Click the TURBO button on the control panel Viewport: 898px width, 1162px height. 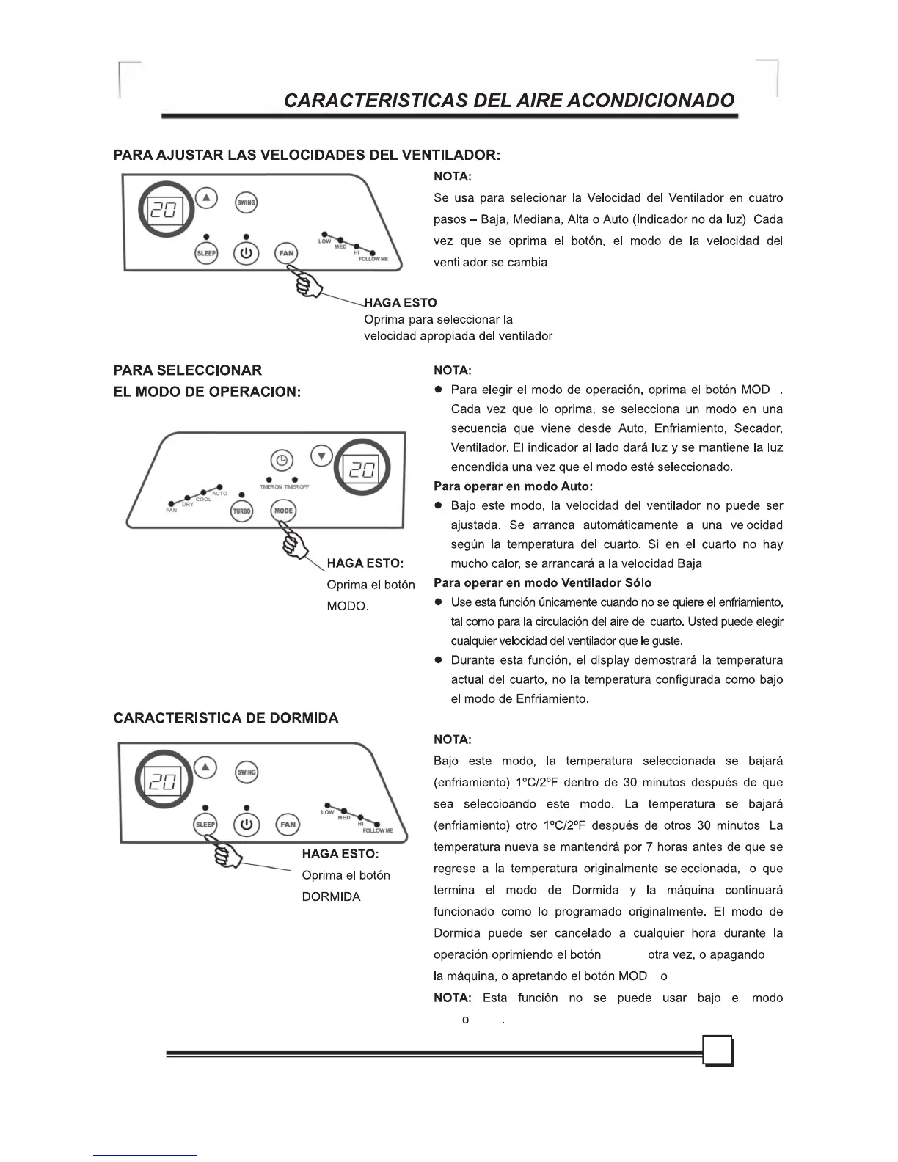pos(241,511)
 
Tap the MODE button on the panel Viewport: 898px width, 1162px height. pos(283,511)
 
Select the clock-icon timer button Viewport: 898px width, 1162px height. pos(282,461)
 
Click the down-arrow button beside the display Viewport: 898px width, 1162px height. pos(321,456)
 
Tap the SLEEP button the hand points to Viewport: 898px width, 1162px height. pos(205,825)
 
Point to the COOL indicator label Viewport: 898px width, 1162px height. pos(203,500)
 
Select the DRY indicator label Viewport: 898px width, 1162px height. pos(188,505)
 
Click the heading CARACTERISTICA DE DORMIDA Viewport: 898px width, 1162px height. pos(226,718)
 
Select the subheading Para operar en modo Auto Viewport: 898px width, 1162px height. pos(513,486)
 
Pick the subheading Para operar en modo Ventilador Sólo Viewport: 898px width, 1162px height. pos(542,583)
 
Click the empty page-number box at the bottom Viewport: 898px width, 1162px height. pos(718,1051)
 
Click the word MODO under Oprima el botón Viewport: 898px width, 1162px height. pos(346,607)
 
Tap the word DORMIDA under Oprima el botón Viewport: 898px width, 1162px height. pos(331,896)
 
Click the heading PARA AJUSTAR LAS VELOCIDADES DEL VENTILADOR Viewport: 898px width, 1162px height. pos(307,156)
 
